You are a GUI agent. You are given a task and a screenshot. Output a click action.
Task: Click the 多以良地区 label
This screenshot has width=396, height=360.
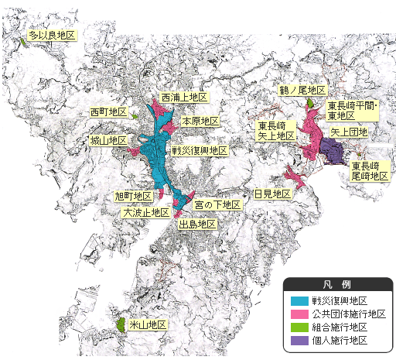pyautogui.click(x=51, y=36)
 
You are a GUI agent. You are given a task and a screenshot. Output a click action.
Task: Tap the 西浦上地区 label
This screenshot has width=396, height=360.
pyautogui.click(x=183, y=98)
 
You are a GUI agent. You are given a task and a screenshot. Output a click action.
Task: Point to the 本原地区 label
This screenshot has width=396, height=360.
pyautogui.click(x=200, y=122)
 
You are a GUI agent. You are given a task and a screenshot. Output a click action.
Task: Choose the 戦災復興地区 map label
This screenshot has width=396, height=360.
pyautogui.click(x=199, y=150)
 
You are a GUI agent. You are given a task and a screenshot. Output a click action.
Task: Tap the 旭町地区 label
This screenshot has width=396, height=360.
pyautogui.click(x=132, y=197)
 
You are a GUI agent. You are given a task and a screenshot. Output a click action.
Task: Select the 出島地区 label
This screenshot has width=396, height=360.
pyautogui.click(x=196, y=224)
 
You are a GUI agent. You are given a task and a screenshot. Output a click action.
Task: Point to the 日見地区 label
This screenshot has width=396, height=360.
pyautogui.click(x=272, y=194)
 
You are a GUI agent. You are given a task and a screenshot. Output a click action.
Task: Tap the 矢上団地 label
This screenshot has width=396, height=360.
pyautogui.click(x=349, y=132)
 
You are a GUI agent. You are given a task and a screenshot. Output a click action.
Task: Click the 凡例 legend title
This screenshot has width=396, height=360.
pyautogui.click(x=338, y=284)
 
